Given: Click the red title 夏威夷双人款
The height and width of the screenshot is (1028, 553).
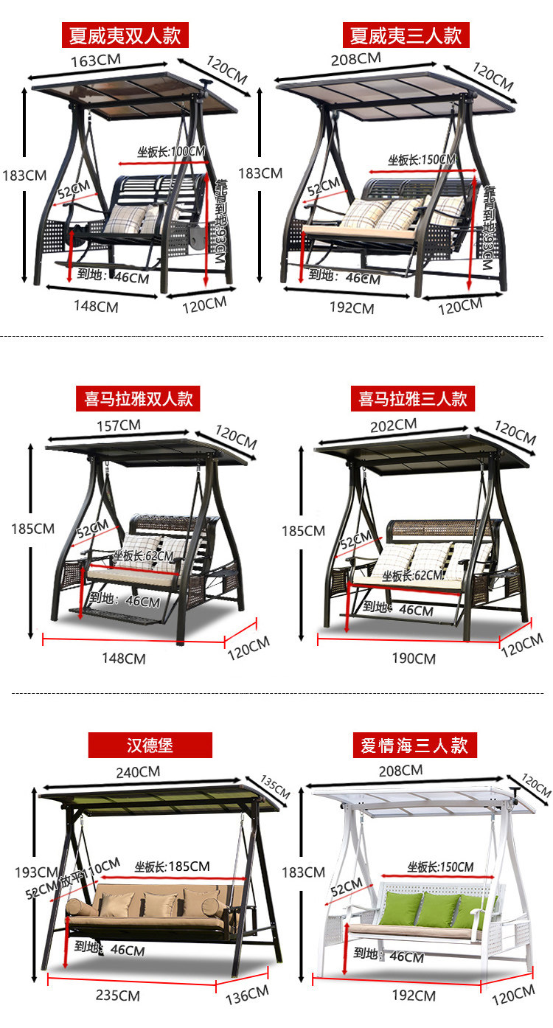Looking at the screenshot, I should [125, 35].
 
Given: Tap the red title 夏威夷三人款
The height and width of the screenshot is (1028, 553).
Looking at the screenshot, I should [406, 35].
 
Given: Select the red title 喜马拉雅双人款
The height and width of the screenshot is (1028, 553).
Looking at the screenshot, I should [138, 399].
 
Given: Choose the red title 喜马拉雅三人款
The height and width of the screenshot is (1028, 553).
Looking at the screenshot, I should [413, 399].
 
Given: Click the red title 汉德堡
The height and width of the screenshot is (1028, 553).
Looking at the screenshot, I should [150, 745].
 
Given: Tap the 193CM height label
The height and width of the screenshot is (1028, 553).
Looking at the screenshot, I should [35, 872].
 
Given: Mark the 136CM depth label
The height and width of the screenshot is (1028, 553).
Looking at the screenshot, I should [248, 996].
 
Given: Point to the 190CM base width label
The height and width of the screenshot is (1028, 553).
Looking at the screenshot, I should [414, 659].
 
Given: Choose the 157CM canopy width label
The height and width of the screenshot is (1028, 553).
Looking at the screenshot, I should [119, 425].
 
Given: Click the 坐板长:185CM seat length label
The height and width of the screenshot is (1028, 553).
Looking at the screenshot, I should [172, 866].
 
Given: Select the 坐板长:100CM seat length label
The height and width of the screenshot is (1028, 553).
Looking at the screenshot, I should [171, 152].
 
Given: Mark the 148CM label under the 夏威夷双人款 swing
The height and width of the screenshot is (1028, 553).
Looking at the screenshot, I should [96, 306].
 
